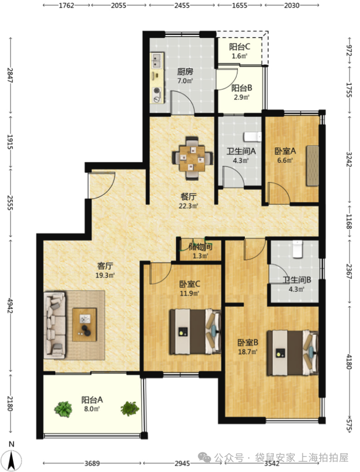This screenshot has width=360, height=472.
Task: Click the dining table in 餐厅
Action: pos(193,158)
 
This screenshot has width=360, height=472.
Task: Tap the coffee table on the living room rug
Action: pos(84,325)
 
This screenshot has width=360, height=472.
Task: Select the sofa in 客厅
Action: pos(55,325)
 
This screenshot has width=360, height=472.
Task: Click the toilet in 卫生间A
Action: pos(252,137)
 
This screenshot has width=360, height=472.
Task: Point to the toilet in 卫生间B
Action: pos(298,249)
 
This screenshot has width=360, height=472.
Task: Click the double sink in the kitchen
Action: pos(157,60)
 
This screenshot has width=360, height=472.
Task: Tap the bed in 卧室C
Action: pos(195,332)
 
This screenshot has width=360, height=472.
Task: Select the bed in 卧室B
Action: pos(293,353)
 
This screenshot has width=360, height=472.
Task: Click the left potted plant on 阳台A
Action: pos(63,409)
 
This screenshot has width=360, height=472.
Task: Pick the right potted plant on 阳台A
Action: pos(130,408)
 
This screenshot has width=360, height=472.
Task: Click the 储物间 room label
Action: pos(201,247)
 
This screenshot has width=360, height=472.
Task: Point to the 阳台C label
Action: pos(239,47)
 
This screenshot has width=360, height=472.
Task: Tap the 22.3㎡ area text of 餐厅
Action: pos(189,206)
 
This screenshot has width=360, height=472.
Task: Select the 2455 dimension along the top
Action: pos(182,5)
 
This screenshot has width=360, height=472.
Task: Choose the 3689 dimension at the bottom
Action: pos(92,463)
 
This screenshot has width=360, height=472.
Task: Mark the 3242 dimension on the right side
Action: pos(349,159)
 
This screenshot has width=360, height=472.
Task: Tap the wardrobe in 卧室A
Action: pos(313,166)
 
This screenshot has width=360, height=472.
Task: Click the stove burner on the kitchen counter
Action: pos(157,90)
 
